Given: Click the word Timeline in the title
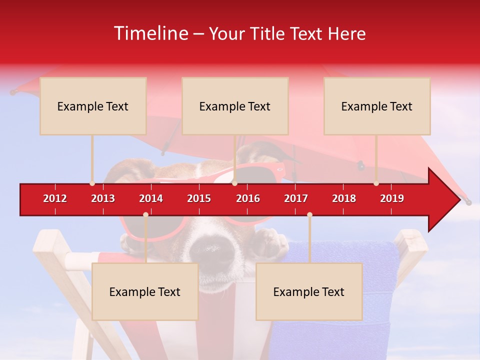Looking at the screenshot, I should point(150,33).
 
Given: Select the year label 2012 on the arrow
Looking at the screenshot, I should point(55,198).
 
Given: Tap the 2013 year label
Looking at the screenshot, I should point(103,198).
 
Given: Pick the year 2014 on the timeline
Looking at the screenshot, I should point(151,198).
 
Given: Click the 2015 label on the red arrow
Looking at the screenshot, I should point(199,198).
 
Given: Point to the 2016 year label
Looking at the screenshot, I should point(248,198).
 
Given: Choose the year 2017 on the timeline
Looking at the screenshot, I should point(296,198).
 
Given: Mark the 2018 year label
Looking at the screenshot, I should point(344,198).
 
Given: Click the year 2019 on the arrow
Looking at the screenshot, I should point(392,198).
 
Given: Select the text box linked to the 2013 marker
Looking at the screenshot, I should point(93,106).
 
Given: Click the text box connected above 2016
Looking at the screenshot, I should point(235,106).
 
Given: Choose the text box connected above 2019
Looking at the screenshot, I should point(377,106).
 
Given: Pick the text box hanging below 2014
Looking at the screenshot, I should point(145,291).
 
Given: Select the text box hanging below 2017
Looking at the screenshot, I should point(309,291).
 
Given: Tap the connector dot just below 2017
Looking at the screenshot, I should point(309,214).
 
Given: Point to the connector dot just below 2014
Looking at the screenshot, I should point(145,214).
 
